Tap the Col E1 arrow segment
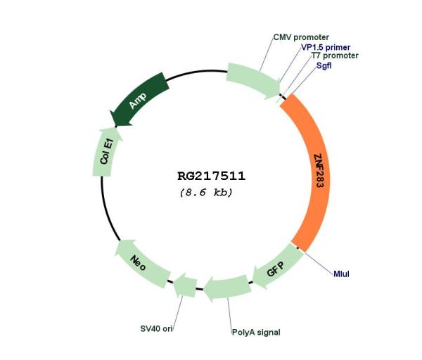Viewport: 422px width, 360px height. click(x=105, y=153)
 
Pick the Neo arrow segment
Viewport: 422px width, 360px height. click(x=142, y=263)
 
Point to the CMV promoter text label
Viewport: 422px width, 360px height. click(x=301, y=37)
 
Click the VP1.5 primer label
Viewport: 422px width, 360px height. click(x=326, y=47)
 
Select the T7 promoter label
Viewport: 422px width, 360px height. click(x=335, y=56)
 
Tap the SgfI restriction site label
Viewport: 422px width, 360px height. click(x=324, y=65)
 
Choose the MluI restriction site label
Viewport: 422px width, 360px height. click(x=341, y=274)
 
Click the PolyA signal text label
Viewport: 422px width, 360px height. click(x=256, y=333)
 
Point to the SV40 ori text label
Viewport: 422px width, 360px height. click(x=156, y=328)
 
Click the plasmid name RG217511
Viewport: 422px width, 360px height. click(x=211, y=176)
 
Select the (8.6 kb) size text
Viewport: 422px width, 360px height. click(x=206, y=193)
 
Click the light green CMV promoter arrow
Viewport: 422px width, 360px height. click(x=253, y=80)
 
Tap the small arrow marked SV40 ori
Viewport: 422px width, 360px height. click(x=186, y=285)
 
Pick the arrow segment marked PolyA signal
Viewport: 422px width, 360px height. click(x=228, y=288)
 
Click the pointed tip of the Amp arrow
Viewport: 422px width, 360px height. click(x=110, y=111)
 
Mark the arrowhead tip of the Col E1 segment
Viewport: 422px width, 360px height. click(x=116, y=128)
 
